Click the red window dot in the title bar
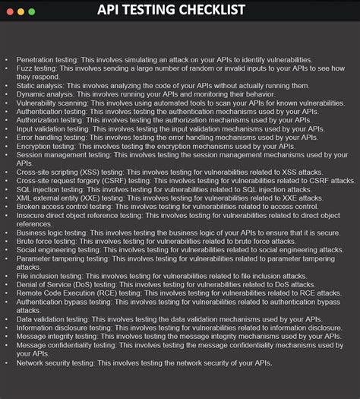coord(9,12)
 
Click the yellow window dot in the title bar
coord(21,12)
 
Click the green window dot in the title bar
coord(32,12)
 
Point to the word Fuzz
coord(25,68)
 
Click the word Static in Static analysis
coord(27,85)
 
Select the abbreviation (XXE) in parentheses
coord(90,198)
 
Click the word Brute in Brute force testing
coord(27,242)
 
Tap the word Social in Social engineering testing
coord(28,250)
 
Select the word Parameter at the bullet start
coord(36,259)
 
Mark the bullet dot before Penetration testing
coord(7,59)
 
